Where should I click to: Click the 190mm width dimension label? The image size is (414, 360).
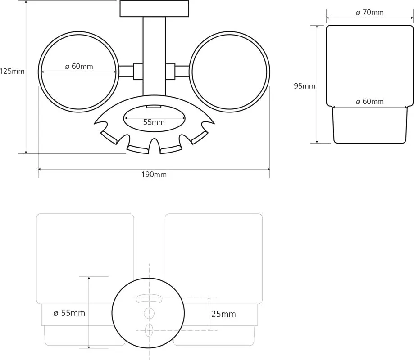coord(154,175)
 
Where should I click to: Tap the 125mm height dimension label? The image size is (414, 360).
coord(12,71)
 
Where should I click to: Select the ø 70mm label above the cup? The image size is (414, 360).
coord(370,12)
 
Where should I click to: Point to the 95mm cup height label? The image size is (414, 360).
coord(305,86)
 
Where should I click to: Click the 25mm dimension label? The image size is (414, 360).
coord(223,314)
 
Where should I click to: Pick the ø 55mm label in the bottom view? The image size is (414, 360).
coord(69,313)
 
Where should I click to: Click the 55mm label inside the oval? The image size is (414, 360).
coord(154,122)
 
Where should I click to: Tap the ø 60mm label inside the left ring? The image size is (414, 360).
coord(79,66)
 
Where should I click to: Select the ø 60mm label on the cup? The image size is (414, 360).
coord(370,102)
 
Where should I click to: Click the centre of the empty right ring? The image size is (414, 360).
coord(229,72)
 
